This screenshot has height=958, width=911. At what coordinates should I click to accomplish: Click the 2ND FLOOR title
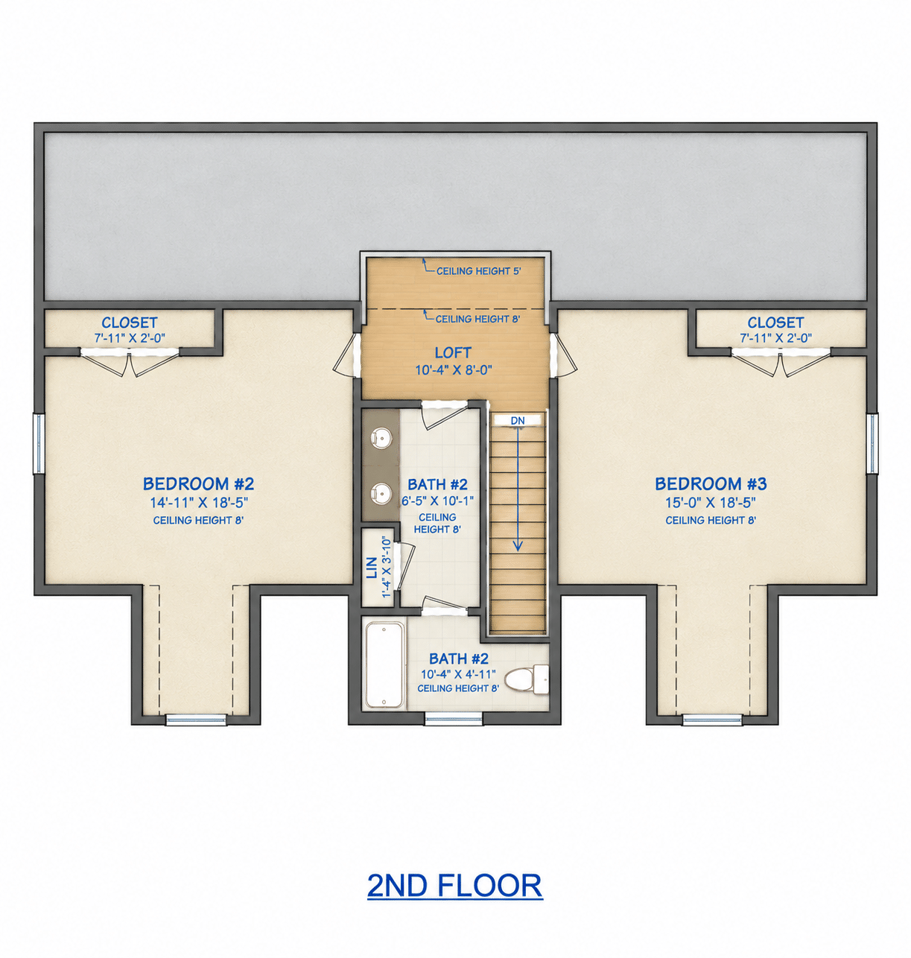[x=455, y=886]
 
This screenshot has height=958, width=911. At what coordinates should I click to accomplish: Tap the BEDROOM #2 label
[x=198, y=484]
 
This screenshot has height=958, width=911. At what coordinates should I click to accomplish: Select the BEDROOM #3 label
[x=711, y=484]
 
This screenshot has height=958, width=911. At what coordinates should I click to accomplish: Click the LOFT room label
[x=454, y=352]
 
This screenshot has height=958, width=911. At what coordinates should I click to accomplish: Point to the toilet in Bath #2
[x=526, y=679]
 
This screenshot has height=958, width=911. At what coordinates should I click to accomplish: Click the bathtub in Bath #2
[x=384, y=664]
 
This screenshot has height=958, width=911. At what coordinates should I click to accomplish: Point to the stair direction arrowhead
[x=518, y=547]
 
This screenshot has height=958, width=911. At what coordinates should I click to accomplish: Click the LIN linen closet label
[x=372, y=568]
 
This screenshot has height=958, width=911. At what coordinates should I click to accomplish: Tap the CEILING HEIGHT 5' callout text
[x=479, y=271]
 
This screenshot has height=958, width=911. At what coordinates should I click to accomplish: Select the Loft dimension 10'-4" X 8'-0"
[x=454, y=370]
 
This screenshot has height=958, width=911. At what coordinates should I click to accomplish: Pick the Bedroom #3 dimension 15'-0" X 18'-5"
[x=711, y=503]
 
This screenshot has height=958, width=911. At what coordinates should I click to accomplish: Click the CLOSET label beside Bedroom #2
[x=130, y=323]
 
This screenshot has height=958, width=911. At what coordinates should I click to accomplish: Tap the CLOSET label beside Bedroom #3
[x=775, y=323]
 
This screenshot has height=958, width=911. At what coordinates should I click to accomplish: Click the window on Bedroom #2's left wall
[x=38, y=443]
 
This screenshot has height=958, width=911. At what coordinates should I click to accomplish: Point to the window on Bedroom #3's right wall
[x=872, y=443]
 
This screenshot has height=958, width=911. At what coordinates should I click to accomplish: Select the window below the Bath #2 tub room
[x=454, y=719]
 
